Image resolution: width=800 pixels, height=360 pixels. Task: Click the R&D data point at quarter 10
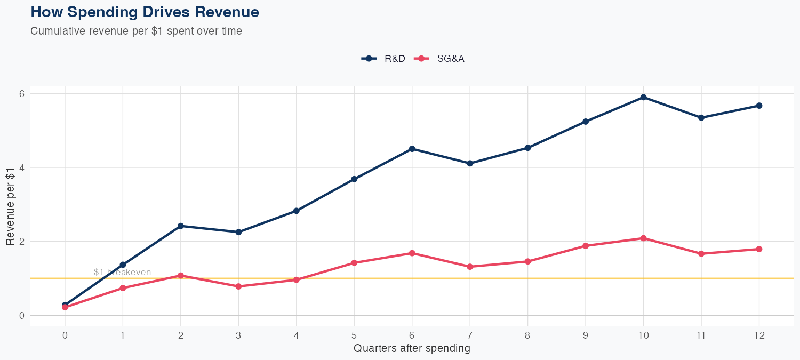point(644,97)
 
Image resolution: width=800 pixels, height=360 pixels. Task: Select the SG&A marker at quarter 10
point(644,238)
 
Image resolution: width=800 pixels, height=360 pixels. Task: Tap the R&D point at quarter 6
point(412,149)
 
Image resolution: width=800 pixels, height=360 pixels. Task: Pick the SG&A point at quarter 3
point(238,286)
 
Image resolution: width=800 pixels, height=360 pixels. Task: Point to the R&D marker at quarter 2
point(181,226)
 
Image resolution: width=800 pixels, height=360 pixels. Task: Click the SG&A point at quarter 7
point(470,267)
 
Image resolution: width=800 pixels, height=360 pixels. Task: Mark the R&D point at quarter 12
point(759,106)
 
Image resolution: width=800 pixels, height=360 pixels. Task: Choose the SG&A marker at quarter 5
point(354,263)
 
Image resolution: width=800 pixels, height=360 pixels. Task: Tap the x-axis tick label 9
point(586,335)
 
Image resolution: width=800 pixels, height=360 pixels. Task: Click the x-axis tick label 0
point(65,335)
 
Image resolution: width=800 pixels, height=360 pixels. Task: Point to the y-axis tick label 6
point(22,93)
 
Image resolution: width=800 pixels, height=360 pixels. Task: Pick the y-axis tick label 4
point(22,167)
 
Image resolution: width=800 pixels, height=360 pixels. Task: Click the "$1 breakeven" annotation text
point(122,272)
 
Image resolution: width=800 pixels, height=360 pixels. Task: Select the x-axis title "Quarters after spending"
point(412,349)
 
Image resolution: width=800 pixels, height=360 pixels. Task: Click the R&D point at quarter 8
point(527,148)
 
